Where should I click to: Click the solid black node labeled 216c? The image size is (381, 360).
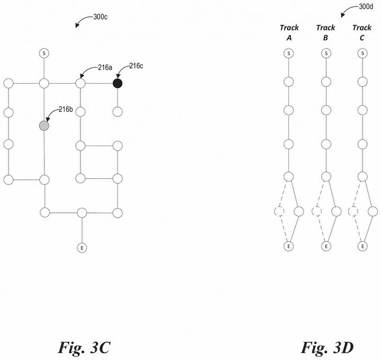[117, 83]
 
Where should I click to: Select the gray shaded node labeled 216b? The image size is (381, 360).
[44, 125]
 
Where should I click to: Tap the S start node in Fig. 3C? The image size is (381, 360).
[44, 53]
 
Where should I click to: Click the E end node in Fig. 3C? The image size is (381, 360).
[81, 247]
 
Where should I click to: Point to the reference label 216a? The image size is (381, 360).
[104, 67]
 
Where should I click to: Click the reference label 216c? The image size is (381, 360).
[136, 66]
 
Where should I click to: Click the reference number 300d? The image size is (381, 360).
[365, 7]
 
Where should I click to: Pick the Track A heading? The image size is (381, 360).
[289, 32]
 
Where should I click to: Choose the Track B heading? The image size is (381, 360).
[325, 32]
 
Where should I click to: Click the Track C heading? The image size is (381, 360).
[362, 32]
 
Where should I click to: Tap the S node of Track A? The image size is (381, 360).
[288, 53]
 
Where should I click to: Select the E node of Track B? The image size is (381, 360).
[325, 246]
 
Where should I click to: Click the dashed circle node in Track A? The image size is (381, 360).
[279, 212]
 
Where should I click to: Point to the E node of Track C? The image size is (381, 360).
[362, 246]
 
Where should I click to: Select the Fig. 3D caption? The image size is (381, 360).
[327, 348]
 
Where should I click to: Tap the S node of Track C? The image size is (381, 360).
[362, 53]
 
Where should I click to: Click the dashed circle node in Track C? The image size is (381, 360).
[353, 212]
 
